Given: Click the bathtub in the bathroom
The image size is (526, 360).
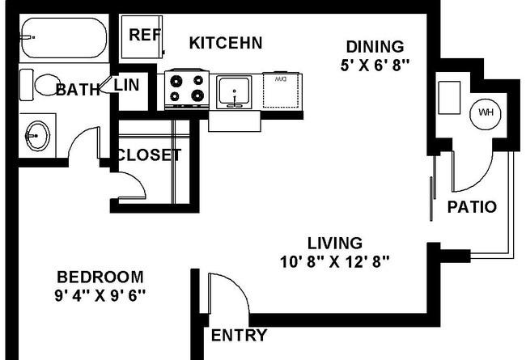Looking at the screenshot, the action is tap(64, 38).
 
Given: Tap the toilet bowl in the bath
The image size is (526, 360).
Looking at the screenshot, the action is tap(46, 85).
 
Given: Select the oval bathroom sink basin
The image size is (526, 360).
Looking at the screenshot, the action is tap(37, 136).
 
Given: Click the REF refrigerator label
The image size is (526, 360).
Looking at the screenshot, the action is tap(145, 35).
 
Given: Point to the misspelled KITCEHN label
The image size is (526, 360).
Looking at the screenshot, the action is tap(226, 43).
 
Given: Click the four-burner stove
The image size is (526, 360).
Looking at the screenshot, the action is tap(187, 89).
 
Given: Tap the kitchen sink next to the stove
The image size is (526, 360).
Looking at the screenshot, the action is tap(234, 92).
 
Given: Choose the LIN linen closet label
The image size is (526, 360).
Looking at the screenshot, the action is tap(126, 85).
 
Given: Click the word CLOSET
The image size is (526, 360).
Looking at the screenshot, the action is tap(149, 155).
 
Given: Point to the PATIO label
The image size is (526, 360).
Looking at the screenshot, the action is tap(472, 207).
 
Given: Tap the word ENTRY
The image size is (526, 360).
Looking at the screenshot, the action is tap(240, 335).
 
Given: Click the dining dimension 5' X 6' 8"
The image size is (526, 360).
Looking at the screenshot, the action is tap(375, 65).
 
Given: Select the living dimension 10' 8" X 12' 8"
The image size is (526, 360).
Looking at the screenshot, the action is tap(335, 261).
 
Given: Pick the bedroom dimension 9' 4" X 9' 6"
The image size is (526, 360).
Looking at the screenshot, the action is tap(100, 295).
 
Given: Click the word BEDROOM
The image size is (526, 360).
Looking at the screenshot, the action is tap(100, 277).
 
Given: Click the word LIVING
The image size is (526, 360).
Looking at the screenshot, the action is tap(335, 244).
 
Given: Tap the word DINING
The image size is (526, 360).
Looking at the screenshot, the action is tap(375, 47).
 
